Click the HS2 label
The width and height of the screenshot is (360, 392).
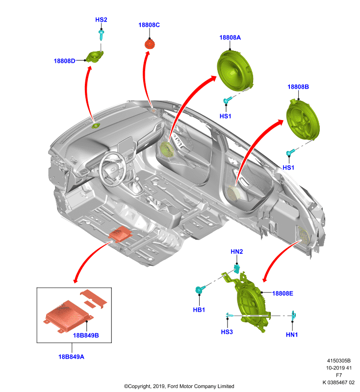click(x=101, y=20)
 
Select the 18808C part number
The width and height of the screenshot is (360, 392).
click(x=149, y=25)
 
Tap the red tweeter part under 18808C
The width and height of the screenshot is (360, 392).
click(x=150, y=45)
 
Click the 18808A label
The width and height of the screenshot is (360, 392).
click(x=230, y=38)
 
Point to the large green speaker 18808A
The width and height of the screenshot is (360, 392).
click(x=235, y=71)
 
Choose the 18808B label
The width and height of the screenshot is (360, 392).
click(x=298, y=87)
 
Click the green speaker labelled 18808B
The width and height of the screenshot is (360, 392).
click(x=303, y=119)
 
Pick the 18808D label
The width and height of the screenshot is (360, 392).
click(x=64, y=61)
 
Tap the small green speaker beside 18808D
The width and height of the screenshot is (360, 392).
click(x=94, y=56)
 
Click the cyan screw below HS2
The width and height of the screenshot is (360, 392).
click(x=101, y=35)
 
